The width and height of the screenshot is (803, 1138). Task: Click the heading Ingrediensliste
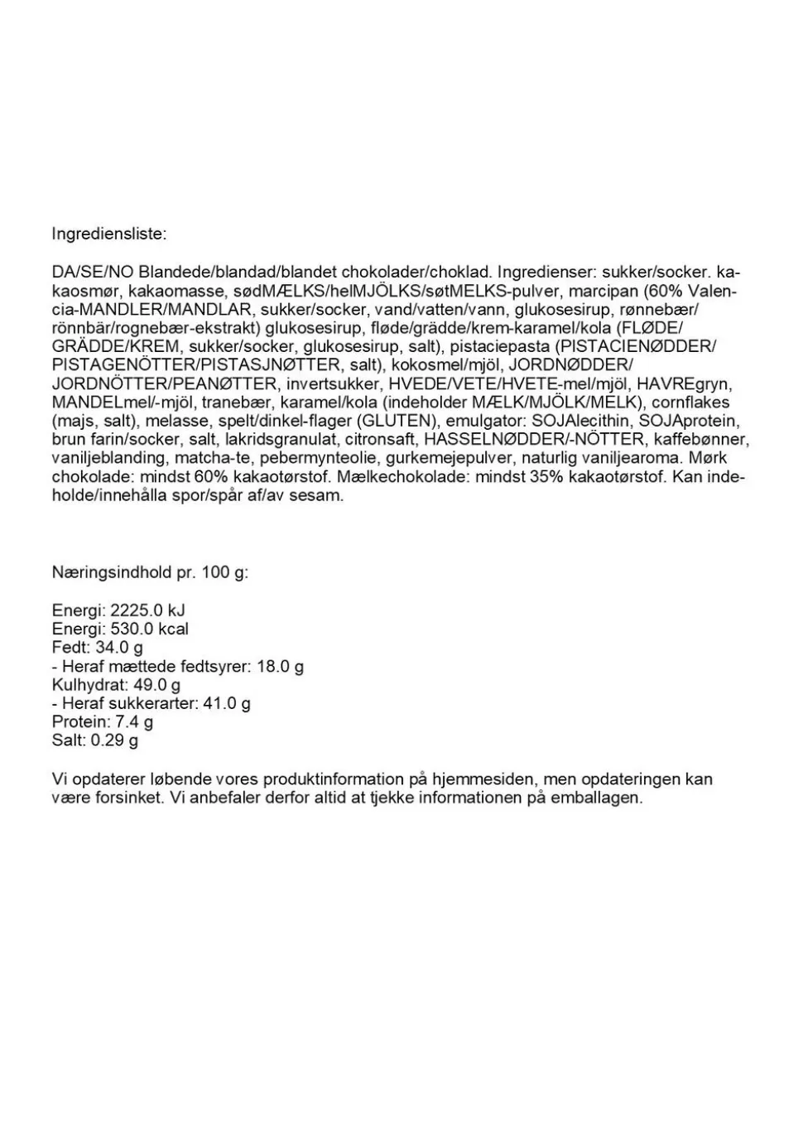(x=108, y=234)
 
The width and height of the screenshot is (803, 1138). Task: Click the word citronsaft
(x=380, y=439)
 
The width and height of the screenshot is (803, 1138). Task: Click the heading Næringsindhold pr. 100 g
(x=149, y=572)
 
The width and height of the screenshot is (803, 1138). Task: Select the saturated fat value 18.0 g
(x=280, y=666)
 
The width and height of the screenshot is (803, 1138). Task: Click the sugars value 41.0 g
(x=227, y=703)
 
